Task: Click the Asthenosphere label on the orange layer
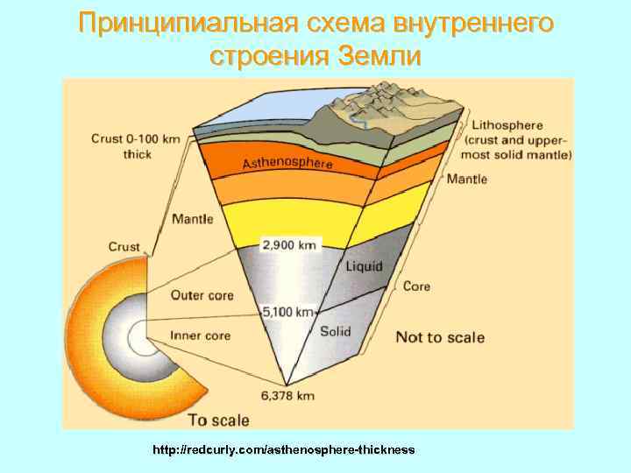pyautogui.click(x=287, y=163)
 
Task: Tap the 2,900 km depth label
pyautogui.click(x=292, y=245)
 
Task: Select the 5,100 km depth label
pyautogui.click(x=288, y=311)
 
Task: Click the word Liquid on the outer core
pyautogui.click(x=365, y=265)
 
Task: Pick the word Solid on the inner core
pyautogui.click(x=336, y=331)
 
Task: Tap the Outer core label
pyautogui.click(x=202, y=295)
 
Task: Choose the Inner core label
pyautogui.click(x=200, y=335)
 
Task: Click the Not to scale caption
pyautogui.click(x=440, y=337)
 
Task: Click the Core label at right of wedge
pyautogui.click(x=416, y=286)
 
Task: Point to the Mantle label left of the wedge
pyautogui.click(x=192, y=218)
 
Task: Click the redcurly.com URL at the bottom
pyautogui.click(x=284, y=449)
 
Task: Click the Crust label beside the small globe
pyautogui.click(x=124, y=247)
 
